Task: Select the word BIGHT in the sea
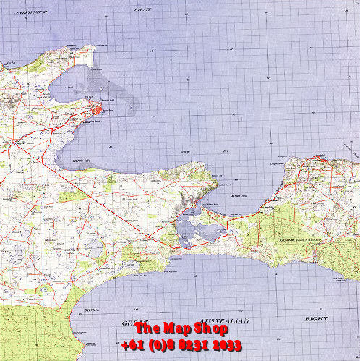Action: (315, 319)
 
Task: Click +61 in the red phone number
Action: (134, 345)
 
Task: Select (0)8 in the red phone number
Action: (166, 345)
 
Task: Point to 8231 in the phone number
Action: (197, 345)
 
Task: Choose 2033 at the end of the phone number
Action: (227, 345)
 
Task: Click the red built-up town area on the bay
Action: (97, 111)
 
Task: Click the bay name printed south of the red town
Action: (82, 161)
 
